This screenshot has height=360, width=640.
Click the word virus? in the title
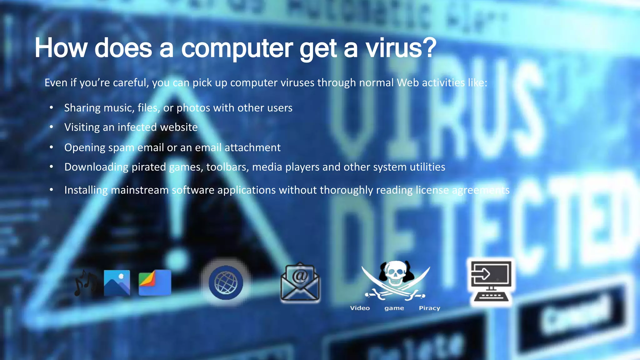pyautogui.click(x=401, y=48)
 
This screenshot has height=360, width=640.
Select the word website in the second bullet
pyautogui.click(x=179, y=127)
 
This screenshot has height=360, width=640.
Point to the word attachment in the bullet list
pyautogui.click(x=252, y=147)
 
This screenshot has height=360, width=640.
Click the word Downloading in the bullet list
pyautogui.click(x=96, y=167)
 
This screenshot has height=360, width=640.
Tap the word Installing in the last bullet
pyautogui.click(x=86, y=190)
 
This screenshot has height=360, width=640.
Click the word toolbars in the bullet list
pyautogui.click(x=227, y=167)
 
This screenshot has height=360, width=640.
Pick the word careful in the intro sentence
pyautogui.click(x=131, y=83)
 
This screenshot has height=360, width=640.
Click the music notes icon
pyautogui.click(x=85, y=283)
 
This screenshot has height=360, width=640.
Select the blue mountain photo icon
pyautogui.click(x=117, y=283)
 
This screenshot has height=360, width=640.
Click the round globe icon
pyautogui.click(x=226, y=283)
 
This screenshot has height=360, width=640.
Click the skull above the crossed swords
pyautogui.click(x=395, y=273)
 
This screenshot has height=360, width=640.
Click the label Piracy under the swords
pyautogui.click(x=429, y=308)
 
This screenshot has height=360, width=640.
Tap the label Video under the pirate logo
pyautogui.click(x=360, y=308)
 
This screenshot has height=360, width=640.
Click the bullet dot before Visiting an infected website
pyautogui.click(x=52, y=127)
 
